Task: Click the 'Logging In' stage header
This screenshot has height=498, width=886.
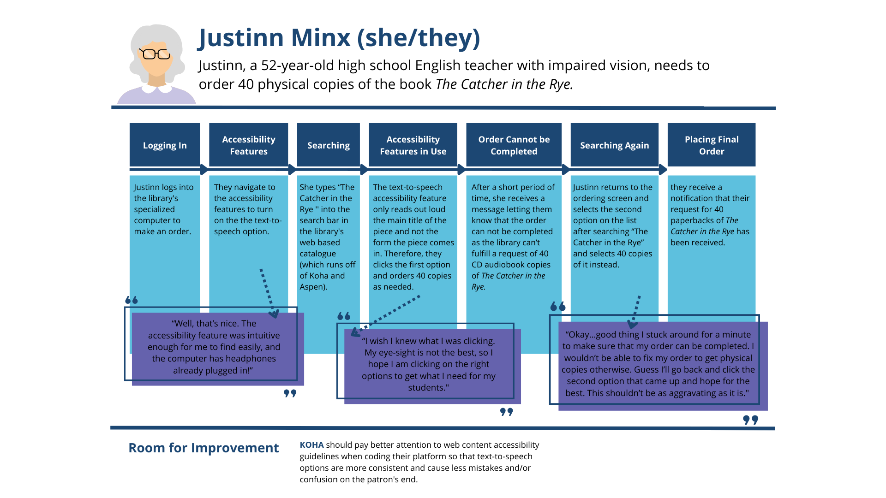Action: point(165,145)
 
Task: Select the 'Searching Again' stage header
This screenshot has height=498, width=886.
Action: point(614,145)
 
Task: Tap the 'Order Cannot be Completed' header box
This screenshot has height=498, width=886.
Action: point(514,145)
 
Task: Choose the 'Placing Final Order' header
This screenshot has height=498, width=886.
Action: point(711,145)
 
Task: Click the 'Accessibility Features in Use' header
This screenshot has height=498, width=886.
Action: point(413,145)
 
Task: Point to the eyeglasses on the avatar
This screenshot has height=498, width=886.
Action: point(155,54)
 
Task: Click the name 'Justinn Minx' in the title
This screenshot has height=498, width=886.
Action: point(275,38)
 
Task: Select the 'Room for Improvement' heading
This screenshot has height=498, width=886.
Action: point(204,448)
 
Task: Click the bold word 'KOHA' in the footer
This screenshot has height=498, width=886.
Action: point(311,445)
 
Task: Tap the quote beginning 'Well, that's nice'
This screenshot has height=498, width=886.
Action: point(214,347)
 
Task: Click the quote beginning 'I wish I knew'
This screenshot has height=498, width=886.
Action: point(428,364)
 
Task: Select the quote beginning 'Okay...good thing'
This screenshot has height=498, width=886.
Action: point(658,363)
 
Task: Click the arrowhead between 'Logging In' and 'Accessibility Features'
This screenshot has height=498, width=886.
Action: point(204,170)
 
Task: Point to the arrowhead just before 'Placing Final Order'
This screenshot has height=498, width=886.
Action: point(663,170)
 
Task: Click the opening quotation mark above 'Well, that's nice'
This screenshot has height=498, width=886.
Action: point(132,300)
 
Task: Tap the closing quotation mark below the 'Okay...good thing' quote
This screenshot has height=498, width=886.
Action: point(750,420)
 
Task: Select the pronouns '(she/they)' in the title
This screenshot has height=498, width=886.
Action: point(419,38)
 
